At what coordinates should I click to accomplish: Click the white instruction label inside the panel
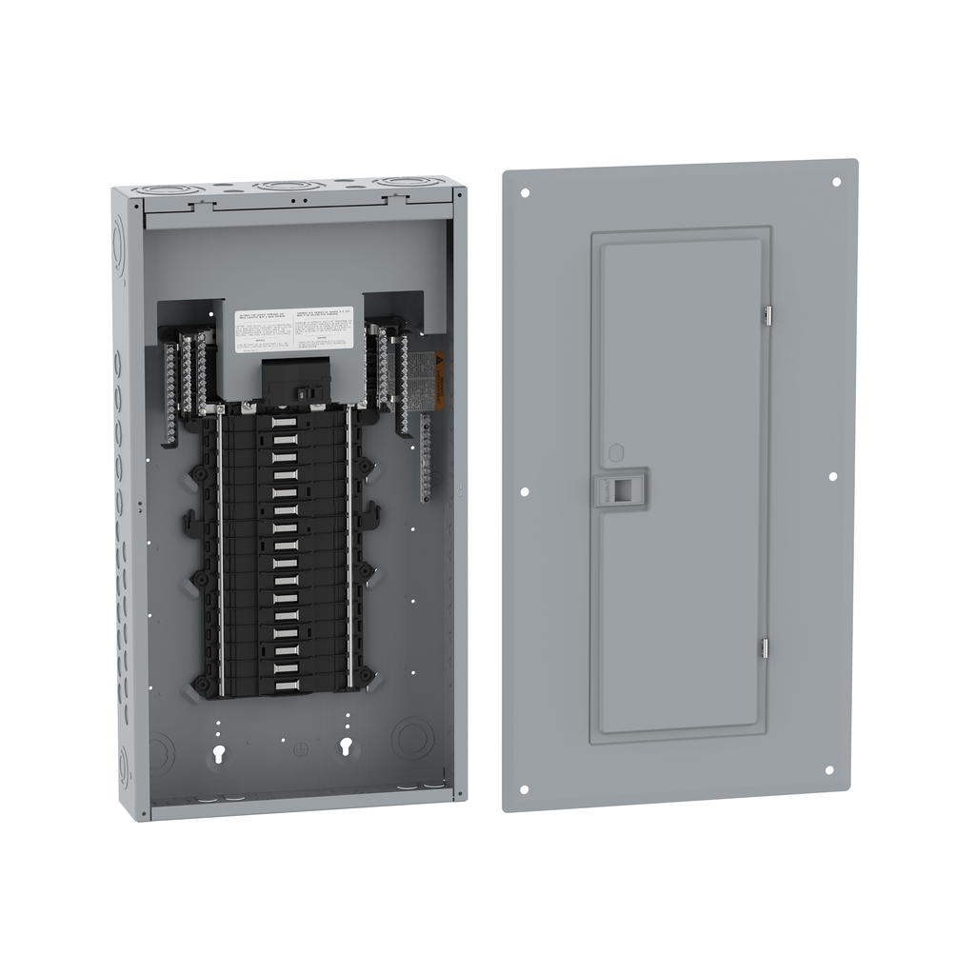[293, 329]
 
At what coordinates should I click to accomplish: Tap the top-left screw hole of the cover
[525, 192]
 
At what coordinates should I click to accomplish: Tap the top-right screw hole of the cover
[836, 182]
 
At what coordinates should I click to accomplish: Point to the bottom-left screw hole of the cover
[524, 789]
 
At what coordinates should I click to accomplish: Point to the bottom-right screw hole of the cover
[828, 770]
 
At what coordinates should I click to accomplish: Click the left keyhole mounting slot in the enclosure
[221, 754]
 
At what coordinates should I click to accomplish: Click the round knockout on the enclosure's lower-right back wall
[412, 738]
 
